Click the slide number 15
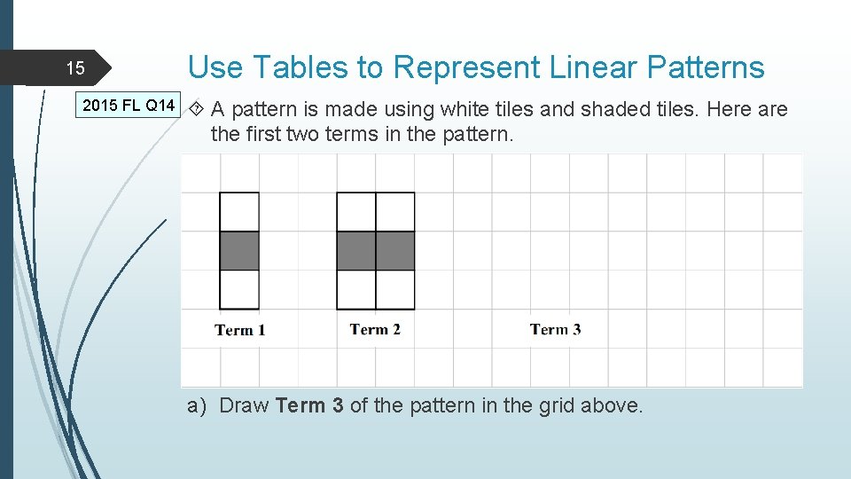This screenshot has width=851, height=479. pos(75,68)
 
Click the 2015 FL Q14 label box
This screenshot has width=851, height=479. pos(129,106)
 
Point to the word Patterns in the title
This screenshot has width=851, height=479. pos(706,67)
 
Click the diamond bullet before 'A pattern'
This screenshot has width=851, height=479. pos(198,109)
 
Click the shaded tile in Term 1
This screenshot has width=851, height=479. pos(239,251)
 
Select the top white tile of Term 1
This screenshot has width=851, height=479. pos(239,212)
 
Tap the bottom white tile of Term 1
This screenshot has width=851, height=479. pos(239,289)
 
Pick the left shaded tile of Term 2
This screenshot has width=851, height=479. pos(356,251)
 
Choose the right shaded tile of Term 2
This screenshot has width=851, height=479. pos(395,251)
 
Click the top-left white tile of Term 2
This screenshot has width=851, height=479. pos(356,212)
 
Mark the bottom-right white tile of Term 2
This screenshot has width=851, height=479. pos(395,289)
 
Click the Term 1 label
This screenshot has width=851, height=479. pos(239,330)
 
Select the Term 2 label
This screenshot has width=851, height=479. pos(375,329)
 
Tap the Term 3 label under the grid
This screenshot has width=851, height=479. pos(555,329)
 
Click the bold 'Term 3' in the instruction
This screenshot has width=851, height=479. pos(309,405)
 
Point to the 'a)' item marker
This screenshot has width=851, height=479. pos(197,405)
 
